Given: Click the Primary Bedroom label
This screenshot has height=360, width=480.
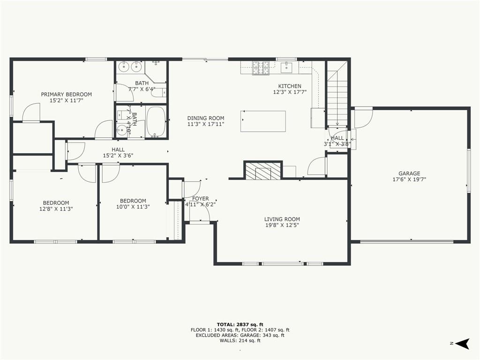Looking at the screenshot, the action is [x=67, y=94].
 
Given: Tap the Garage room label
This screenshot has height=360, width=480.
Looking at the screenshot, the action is [x=409, y=173].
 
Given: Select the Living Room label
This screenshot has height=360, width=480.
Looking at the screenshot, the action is [x=282, y=219].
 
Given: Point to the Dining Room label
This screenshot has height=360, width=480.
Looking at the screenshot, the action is [x=206, y=118].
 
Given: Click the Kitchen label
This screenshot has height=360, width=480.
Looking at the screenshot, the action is [x=290, y=86].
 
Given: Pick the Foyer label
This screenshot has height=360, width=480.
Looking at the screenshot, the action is [x=201, y=199].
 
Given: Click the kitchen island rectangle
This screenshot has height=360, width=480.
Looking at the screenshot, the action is [x=263, y=121].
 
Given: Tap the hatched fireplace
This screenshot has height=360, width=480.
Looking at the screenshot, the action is [x=263, y=171].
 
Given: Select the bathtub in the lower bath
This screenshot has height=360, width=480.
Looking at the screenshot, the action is [x=156, y=121].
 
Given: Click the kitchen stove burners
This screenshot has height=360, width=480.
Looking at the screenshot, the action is [x=261, y=68].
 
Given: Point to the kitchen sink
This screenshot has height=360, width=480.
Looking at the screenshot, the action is [x=287, y=67].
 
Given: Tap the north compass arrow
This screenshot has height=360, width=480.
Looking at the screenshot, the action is [x=462, y=344].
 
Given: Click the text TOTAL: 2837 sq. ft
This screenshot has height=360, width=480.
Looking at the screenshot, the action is [x=240, y=324].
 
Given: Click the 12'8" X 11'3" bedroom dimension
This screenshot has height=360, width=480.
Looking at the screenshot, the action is [x=56, y=209].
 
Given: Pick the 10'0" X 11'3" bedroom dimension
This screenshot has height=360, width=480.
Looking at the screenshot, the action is [x=133, y=207].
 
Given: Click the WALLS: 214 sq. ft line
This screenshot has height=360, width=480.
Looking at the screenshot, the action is [x=240, y=340].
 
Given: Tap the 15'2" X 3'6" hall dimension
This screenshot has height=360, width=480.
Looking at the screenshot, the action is [x=118, y=156].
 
